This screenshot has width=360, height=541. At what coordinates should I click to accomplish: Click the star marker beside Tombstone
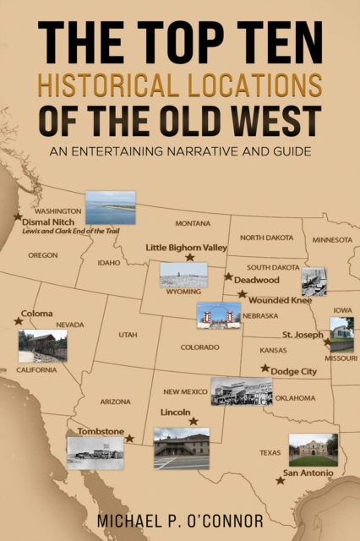coord(129,439)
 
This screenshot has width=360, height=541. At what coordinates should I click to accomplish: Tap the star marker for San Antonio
coord(280,480)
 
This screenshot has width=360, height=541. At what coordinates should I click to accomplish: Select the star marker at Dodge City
coord(265,369)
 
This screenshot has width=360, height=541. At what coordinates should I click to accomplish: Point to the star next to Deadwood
coord(228,276)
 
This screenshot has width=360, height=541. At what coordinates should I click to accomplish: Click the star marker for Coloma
coord(19,321)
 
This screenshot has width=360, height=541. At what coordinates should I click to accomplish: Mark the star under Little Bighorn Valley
coord(189,258)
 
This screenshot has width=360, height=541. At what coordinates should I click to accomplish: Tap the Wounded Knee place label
coord(281,300)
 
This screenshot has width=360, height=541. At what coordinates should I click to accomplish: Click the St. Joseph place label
coord(303,334)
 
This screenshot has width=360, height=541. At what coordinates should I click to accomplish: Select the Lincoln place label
coord(174,412)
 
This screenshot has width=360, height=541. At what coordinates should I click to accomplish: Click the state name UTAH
coord(128,335)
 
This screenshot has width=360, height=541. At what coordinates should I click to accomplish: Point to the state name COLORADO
coord(199,347)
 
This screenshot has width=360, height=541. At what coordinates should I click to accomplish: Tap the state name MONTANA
coord(193,223)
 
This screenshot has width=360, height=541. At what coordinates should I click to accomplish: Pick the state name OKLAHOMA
coord(296,397)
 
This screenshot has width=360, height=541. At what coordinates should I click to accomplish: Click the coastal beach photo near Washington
coord(110,207)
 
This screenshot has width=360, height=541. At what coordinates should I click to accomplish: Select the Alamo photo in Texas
coord(313,450)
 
